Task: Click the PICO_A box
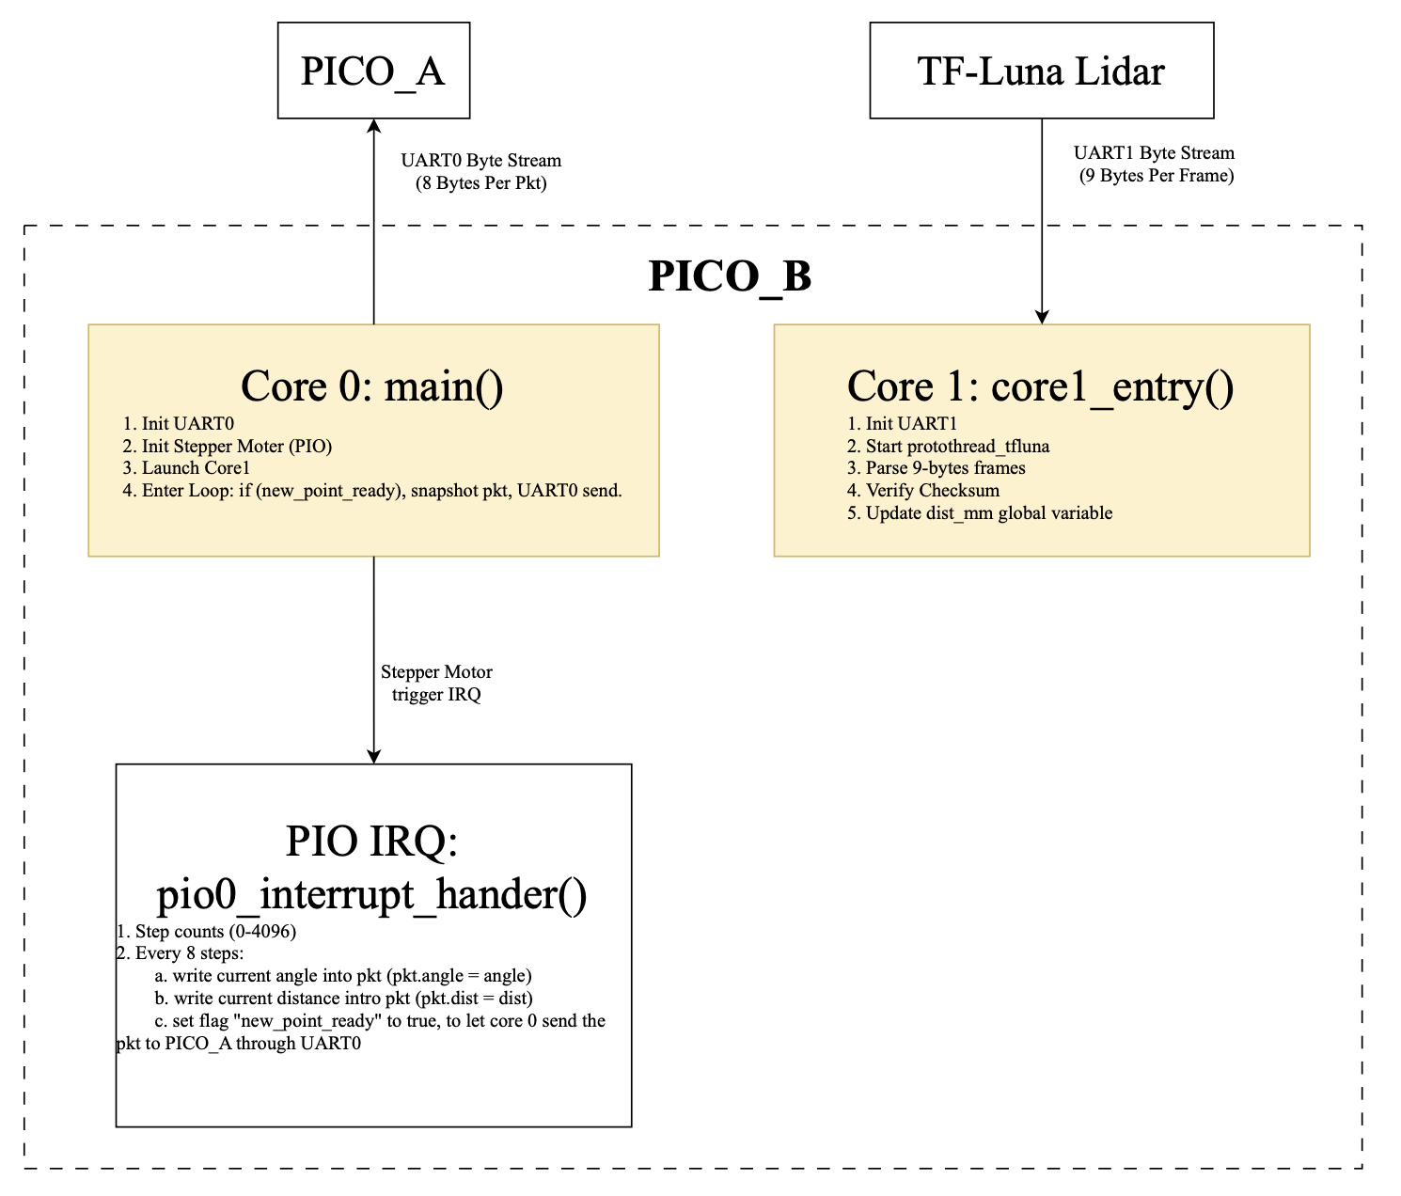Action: [x=373, y=71]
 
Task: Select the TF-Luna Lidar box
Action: [x=1041, y=71]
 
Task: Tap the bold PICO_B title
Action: [x=730, y=276]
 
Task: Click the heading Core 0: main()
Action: [x=372, y=386]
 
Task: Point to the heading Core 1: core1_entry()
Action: [x=1040, y=386]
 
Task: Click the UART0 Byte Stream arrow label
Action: [x=480, y=171]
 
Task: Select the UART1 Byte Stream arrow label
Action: [x=1154, y=164]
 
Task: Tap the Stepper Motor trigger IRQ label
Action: [x=436, y=684]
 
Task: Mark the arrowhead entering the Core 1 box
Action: [x=1042, y=317]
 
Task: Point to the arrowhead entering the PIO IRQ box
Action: [x=374, y=756]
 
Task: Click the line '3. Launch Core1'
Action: [x=186, y=468]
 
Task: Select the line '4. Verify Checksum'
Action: [x=922, y=491]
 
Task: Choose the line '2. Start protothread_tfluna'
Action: [x=948, y=447]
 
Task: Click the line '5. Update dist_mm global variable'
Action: [x=979, y=513]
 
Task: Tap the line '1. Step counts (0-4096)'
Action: [x=206, y=932]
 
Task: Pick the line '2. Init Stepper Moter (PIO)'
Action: [x=227, y=447]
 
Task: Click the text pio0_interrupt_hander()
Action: [x=372, y=894]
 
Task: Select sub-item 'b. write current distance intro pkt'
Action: [x=343, y=999]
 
